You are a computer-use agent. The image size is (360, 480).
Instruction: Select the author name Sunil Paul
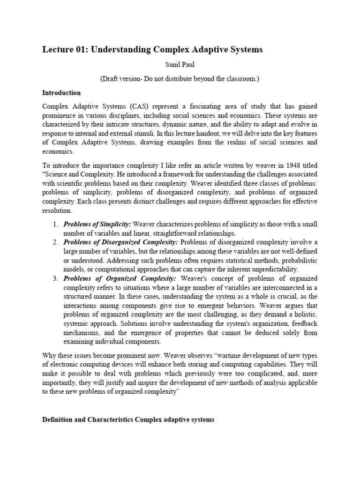[180, 67]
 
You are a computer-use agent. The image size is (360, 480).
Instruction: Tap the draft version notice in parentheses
[180, 79]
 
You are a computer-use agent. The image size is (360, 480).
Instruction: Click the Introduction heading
[61, 93]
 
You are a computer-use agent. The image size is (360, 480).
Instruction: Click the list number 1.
[55, 225]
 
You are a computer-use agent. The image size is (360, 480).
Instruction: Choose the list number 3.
[55, 278]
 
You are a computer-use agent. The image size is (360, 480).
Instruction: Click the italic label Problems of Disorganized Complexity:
[120, 242]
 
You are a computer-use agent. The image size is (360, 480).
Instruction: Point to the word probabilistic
[295, 260]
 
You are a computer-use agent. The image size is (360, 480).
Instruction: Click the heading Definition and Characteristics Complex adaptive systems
[128, 420]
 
